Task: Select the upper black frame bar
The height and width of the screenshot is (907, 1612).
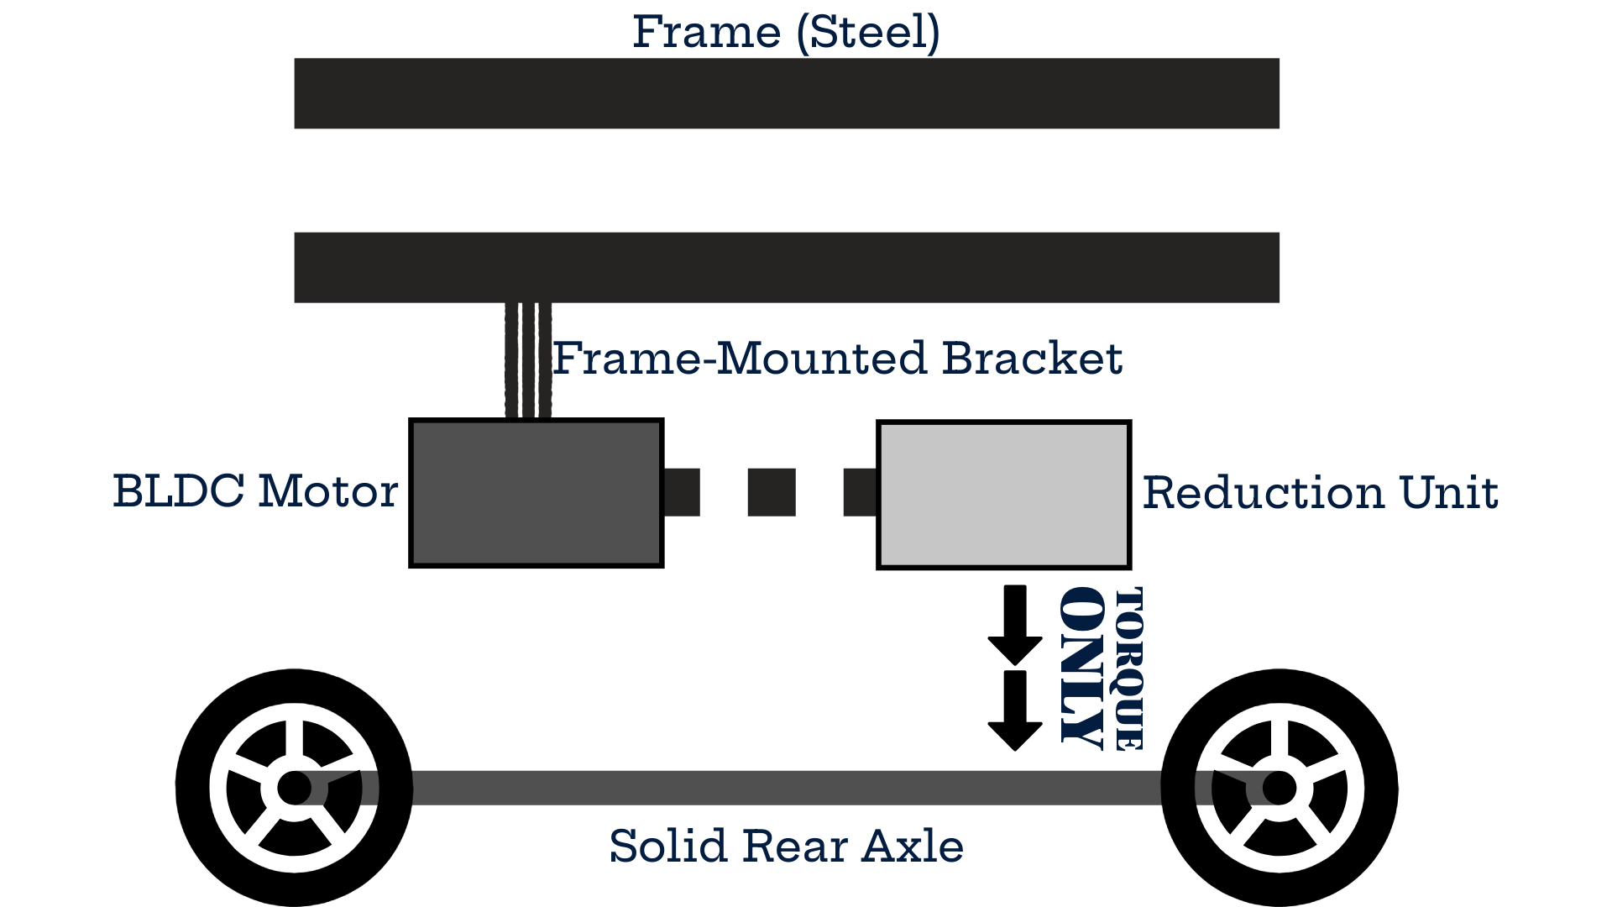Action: click(x=786, y=93)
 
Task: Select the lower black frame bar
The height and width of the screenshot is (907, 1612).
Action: click(x=786, y=267)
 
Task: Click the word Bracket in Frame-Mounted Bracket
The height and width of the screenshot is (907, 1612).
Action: click(x=1031, y=359)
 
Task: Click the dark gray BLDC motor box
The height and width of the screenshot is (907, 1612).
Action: click(x=536, y=493)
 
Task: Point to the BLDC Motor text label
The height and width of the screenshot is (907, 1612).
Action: click(x=255, y=491)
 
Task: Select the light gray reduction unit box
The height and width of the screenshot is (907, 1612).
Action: click(x=1003, y=495)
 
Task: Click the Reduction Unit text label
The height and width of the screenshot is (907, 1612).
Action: click(x=1320, y=493)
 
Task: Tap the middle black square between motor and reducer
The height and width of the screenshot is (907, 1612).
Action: click(x=771, y=492)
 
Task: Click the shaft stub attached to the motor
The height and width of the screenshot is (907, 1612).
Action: click(x=682, y=492)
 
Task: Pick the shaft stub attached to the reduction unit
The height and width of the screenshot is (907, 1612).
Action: click(x=860, y=492)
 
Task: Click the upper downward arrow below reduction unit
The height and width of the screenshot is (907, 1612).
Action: click(x=1015, y=624)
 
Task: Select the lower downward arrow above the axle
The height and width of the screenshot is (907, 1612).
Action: click(x=1015, y=710)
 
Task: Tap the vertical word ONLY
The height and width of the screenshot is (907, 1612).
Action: click(x=1081, y=665)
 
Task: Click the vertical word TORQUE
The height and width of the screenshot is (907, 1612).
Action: click(x=1128, y=668)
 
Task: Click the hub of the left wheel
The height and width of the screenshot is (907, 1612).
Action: click(x=294, y=788)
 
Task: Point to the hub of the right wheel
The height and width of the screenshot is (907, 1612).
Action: click(x=1279, y=788)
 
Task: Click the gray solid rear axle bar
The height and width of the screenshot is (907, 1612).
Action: click(x=786, y=788)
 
